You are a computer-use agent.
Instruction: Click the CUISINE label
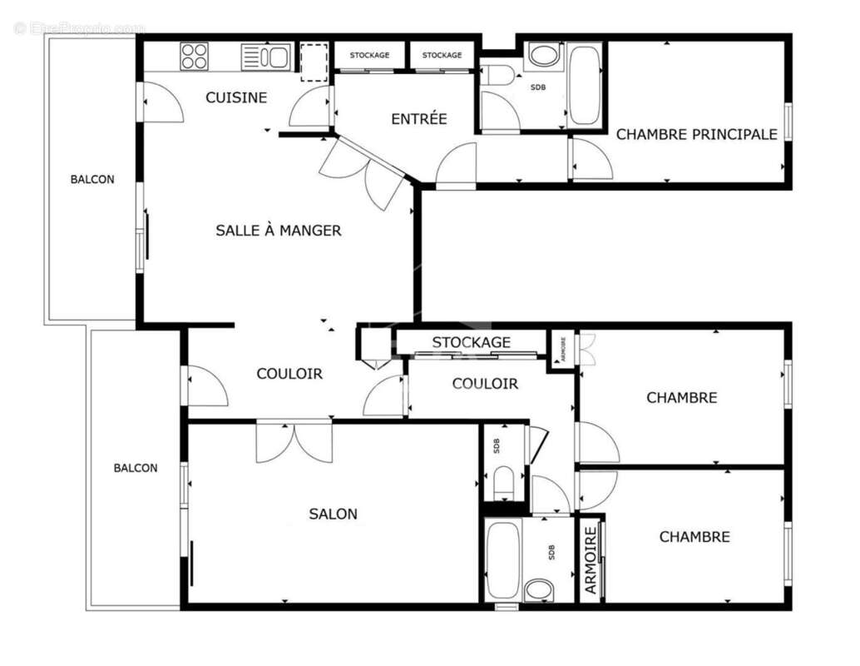236,97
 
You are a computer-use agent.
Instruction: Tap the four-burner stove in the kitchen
194,57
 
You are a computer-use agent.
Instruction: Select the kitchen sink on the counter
265,57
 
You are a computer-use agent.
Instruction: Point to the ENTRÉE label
419,119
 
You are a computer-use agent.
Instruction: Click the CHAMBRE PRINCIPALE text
696,134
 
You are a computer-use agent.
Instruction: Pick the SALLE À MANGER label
278,231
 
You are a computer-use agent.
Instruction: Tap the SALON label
333,514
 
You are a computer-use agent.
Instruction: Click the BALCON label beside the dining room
92,179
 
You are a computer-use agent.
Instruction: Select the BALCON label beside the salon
136,468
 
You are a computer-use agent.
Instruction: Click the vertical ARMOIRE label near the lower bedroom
591,560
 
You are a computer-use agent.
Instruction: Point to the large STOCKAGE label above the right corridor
471,342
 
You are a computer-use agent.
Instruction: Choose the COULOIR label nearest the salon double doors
289,375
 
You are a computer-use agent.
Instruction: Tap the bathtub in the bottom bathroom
502,559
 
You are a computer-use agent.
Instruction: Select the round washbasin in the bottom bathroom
539,590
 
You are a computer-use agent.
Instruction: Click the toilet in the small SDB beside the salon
504,482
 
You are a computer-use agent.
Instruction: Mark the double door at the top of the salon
294,441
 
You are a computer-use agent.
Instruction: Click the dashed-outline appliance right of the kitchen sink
314,62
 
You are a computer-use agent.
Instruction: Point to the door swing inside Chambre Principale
591,161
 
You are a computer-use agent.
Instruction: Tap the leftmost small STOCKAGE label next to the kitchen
369,55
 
